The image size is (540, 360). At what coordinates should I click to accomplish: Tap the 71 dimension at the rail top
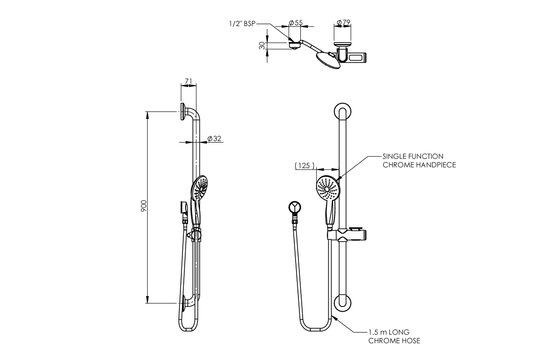coord(188,81)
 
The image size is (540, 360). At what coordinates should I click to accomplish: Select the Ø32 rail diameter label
coord(215,139)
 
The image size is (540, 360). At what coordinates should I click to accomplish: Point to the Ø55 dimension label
coord(296,22)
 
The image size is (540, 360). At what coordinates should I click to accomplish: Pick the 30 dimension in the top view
coord(262,45)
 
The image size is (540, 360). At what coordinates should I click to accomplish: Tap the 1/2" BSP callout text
coord(243,24)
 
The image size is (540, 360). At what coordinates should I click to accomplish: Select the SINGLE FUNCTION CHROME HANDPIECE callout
coord(413,160)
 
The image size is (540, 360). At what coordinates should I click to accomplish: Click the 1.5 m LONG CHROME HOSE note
coord(395,336)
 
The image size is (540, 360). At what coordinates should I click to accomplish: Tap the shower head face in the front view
coord(326,188)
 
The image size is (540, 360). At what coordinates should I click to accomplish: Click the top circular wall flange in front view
coord(342,114)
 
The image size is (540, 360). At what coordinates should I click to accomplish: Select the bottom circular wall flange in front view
coord(342,303)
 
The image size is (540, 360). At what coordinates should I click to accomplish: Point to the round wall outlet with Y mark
coord(295,207)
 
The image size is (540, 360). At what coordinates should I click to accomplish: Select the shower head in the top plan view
coord(327,60)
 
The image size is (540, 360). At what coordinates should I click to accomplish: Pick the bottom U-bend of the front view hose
coord(315,329)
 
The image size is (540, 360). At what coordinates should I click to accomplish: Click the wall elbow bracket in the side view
coord(183,208)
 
